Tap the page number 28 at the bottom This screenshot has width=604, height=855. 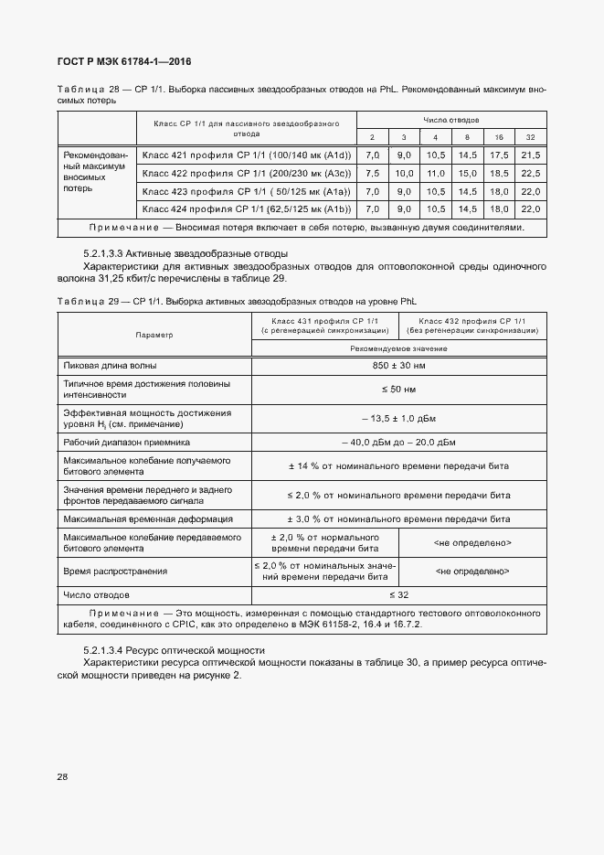pyautogui.click(x=63, y=777)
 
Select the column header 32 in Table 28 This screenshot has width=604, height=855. pyautogui.click(x=530, y=137)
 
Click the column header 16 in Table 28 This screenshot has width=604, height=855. pyautogui.click(x=498, y=137)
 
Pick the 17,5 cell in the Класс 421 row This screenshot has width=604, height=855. pyautogui.click(x=498, y=156)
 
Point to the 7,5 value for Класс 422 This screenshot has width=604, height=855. pyautogui.click(x=372, y=174)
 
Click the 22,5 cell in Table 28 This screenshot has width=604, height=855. pyautogui.click(x=530, y=174)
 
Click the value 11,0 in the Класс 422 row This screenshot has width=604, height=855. pyautogui.click(x=436, y=174)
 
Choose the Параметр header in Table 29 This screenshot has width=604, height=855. pyautogui.click(x=154, y=335)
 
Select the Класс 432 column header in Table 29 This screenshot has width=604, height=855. pyautogui.click(x=472, y=326)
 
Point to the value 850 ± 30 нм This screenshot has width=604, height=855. pyautogui.click(x=398, y=366)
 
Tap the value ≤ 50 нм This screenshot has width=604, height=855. pyautogui.click(x=398, y=390)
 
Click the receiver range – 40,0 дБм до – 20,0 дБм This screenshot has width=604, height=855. pyautogui.click(x=398, y=443)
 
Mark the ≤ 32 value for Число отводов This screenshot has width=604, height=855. pyautogui.click(x=398, y=595)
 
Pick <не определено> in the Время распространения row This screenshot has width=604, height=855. pyautogui.click(x=472, y=571)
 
